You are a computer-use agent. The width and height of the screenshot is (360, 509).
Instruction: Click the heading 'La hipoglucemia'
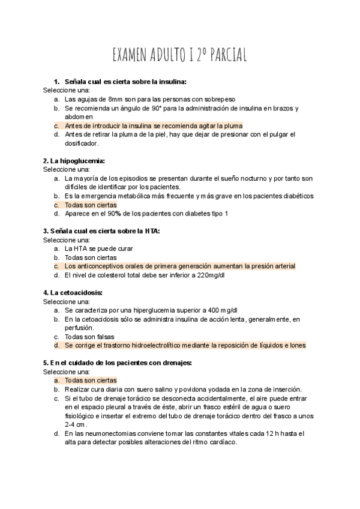pyautogui.click(x=74, y=161)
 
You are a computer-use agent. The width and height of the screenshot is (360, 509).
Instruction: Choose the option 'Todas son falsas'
pyautogui.click(x=89, y=337)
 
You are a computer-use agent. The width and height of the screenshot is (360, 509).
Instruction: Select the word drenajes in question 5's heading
pyautogui.click(x=177, y=363)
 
